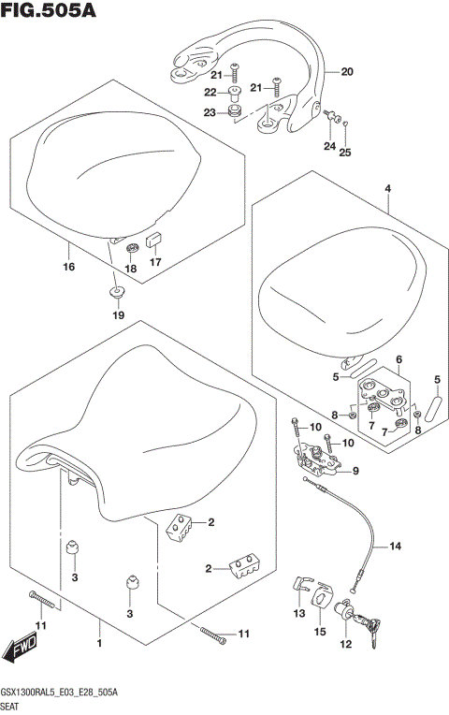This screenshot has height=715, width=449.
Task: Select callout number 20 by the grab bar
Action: tap(346, 72)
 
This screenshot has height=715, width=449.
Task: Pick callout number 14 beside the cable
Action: tap(394, 546)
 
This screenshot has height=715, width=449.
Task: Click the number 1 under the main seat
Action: tap(98, 643)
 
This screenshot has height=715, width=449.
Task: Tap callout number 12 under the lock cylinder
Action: tap(344, 644)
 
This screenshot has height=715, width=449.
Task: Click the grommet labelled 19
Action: tap(118, 293)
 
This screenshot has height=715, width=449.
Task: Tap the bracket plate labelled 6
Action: tap(385, 393)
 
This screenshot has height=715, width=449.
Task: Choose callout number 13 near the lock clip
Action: tap(299, 614)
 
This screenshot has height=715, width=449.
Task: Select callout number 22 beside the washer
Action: tap(210, 92)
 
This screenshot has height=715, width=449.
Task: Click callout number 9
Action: tap(356, 472)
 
